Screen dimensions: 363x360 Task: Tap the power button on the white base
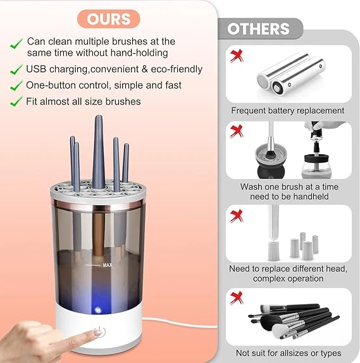(98, 333)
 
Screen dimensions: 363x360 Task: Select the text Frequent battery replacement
(288, 111)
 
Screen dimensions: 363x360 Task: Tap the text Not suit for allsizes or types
(288, 353)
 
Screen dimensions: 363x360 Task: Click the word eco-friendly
(175, 69)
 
